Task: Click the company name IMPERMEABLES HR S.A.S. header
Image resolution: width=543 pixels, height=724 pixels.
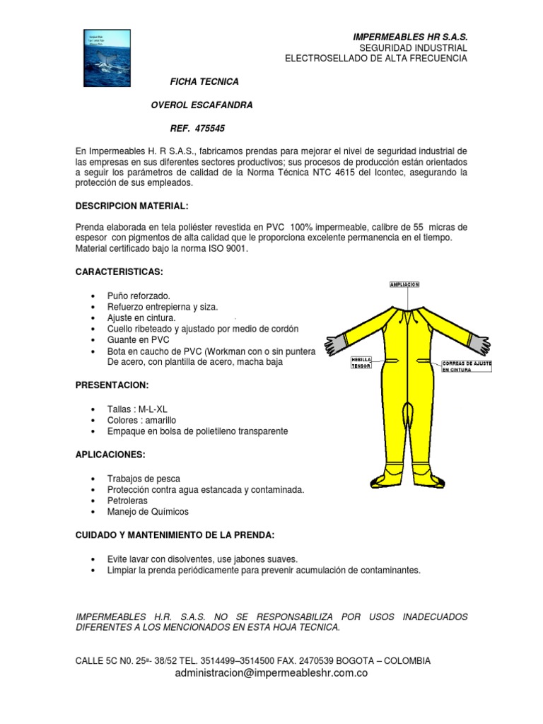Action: pyautogui.click(x=410, y=36)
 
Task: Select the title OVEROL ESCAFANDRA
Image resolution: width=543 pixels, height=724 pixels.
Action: pyautogui.click(x=202, y=105)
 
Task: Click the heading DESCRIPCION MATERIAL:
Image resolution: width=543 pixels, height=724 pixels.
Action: pyautogui.click(x=132, y=206)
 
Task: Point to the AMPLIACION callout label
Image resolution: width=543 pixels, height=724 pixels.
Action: pyautogui.click(x=404, y=284)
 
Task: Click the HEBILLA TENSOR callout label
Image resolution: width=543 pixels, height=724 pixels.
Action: pyautogui.click(x=361, y=362)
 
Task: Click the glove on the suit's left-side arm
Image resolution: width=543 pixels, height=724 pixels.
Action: pyautogui.click(x=334, y=344)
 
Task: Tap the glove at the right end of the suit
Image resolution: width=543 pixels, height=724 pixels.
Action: pyautogui.click(x=481, y=344)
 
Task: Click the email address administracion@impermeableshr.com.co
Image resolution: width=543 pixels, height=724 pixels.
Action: pyautogui.click(x=271, y=674)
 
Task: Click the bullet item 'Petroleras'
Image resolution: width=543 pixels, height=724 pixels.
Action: pyautogui.click(x=128, y=501)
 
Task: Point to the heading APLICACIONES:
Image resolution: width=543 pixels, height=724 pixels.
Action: pyautogui.click(x=110, y=455)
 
